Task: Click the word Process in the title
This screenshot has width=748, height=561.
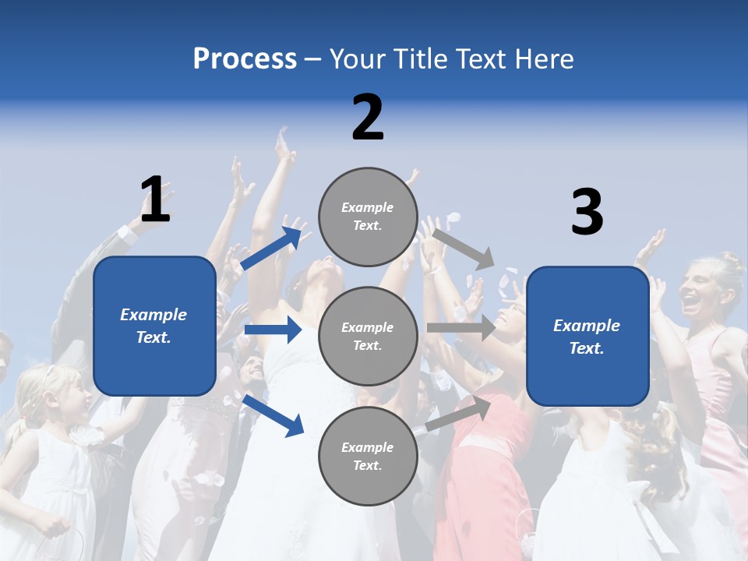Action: (245, 59)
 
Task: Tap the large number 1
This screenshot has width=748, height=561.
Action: (155, 199)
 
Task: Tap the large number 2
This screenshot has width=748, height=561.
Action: (368, 118)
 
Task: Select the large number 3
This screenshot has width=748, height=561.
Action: (587, 212)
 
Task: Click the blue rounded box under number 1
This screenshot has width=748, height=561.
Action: (154, 326)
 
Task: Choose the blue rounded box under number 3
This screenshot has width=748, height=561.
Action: (587, 337)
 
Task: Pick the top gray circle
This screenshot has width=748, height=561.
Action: (368, 217)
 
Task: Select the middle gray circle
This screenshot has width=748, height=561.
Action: (368, 336)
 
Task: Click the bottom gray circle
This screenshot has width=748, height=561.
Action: (368, 456)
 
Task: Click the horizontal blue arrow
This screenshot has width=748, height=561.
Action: (273, 330)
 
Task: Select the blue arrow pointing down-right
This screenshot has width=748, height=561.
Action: (273, 415)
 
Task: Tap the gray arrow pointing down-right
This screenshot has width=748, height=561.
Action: (464, 249)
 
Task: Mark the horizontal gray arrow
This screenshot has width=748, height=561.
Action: (461, 328)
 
